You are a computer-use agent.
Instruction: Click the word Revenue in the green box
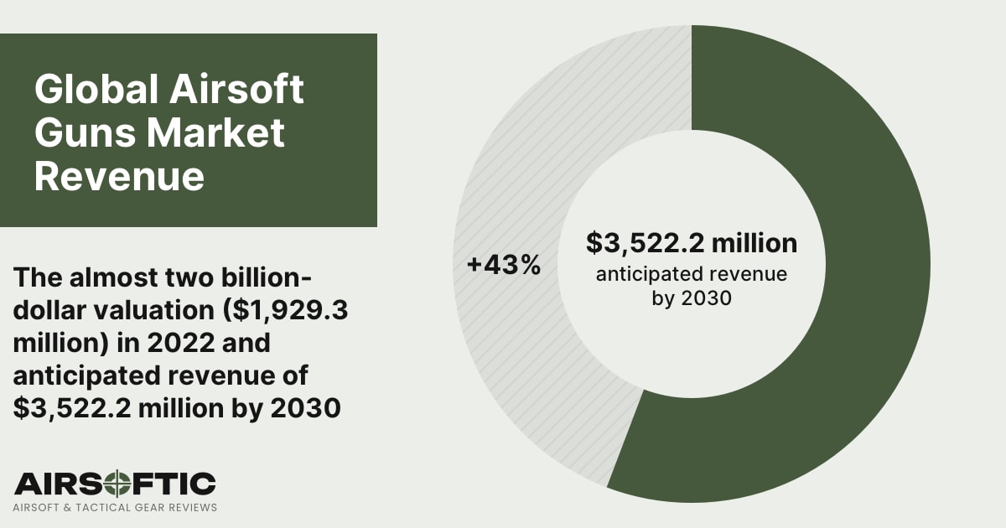click(x=119, y=177)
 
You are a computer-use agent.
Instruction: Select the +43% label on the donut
click(x=504, y=265)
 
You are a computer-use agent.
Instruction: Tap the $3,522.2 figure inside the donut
click(x=647, y=243)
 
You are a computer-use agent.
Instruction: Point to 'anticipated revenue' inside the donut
click(x=691, y=274)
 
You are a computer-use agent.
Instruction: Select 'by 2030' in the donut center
click(x=691, y=298)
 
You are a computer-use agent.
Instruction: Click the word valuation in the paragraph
click(x=160, y=311)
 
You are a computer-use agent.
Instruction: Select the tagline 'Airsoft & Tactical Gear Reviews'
click(x=115, y=507)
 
